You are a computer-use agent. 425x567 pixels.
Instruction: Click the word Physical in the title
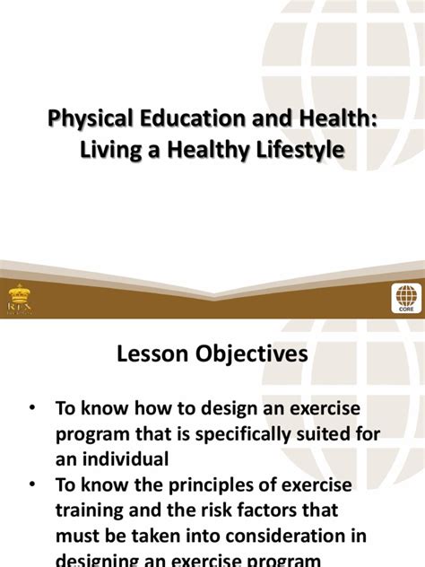85,119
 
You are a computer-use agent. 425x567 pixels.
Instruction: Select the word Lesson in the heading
152,354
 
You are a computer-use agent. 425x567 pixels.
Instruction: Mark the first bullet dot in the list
33,407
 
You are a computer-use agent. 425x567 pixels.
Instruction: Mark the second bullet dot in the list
33,485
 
